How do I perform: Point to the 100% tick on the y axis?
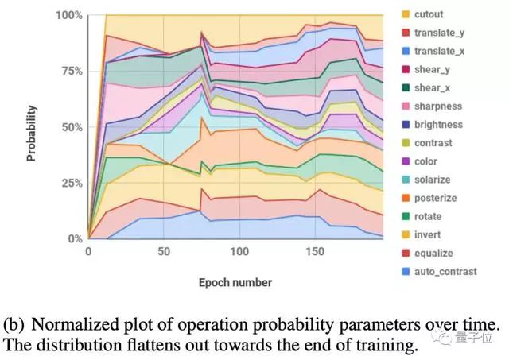pos(68,16)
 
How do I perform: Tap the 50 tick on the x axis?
pos(163,252)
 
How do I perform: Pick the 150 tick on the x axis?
pos(315,252)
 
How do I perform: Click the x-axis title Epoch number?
pos(235,282)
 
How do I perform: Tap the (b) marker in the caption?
pos(14,325)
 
